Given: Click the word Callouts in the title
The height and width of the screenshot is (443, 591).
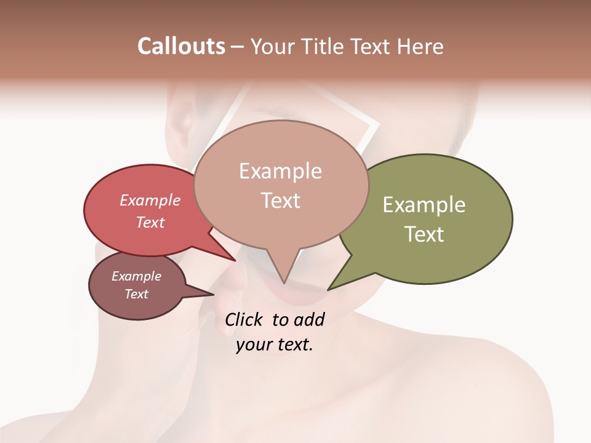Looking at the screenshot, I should (181, 46).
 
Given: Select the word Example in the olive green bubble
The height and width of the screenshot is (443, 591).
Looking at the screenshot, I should (424, 205).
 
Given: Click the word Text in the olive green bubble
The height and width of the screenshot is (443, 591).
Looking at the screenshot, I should (424, 234).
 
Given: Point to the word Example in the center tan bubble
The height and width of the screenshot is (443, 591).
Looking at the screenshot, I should (280, 171).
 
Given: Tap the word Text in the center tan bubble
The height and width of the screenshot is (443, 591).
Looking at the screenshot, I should (280, 201).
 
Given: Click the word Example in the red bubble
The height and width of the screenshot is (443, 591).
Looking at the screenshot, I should (150, 200).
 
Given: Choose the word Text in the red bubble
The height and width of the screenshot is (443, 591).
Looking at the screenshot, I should (150, 222).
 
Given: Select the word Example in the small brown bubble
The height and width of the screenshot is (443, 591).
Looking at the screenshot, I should (136, 276).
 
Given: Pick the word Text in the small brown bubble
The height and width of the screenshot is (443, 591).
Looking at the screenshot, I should (136, 294).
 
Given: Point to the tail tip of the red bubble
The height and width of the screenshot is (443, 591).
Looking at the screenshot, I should (234, 259).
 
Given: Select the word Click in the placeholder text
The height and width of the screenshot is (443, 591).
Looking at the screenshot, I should (243, 319).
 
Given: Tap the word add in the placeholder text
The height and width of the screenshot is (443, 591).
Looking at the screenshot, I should (310, 319).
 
